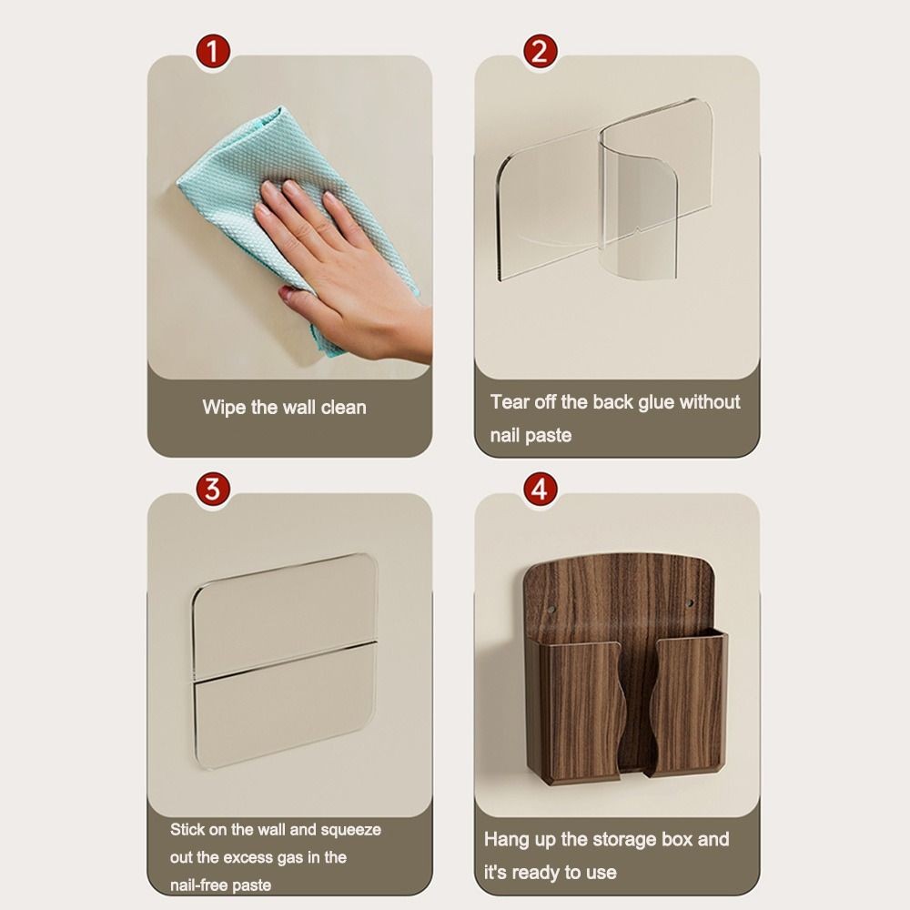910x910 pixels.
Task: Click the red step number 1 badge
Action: (x=213, y=51)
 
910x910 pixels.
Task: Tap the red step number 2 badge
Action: (x=540, y=51)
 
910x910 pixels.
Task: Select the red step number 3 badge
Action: (x=213, y=489)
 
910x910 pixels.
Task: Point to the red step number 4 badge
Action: (x=540, y=489)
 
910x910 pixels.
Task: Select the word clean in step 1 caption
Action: (x=344, y=407)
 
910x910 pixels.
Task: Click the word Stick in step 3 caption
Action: (x=187, y=829)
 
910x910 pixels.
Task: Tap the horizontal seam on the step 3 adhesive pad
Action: (x=284, y=661)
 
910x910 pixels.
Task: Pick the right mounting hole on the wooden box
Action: (x=691, y=603)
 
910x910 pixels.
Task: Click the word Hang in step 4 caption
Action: (x=506, y=840)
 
